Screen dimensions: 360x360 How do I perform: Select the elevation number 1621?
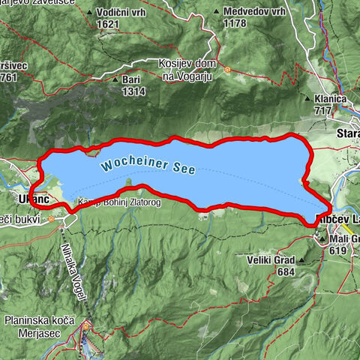click(108, 24)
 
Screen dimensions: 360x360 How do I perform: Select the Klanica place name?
click(331, 99)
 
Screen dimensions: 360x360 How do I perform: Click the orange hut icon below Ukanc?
click(51, 220)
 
